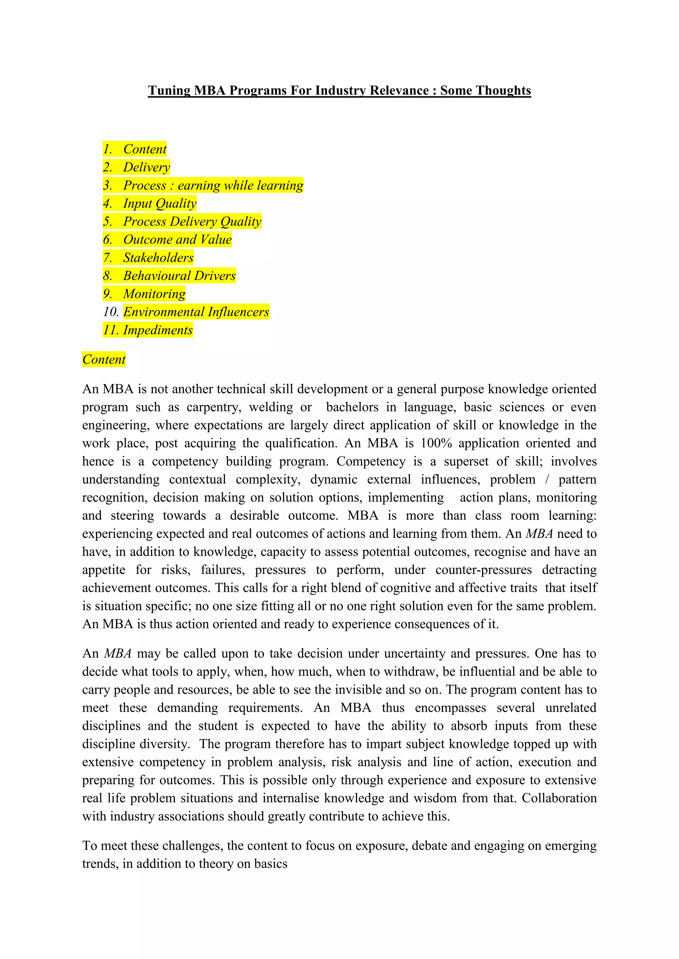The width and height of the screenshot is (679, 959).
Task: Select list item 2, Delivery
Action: coord(146,168)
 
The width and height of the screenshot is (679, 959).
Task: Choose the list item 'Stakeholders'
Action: coord(158,258)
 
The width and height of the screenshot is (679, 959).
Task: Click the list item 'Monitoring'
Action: coord(154,294)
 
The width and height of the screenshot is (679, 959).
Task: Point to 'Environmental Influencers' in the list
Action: coord(196,312)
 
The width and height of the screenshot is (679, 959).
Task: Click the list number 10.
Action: coord(111,312)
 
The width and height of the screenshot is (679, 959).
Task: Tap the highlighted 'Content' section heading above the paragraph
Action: coord(104,360)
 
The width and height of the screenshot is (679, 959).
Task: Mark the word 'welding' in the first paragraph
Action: coord(271,407)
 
